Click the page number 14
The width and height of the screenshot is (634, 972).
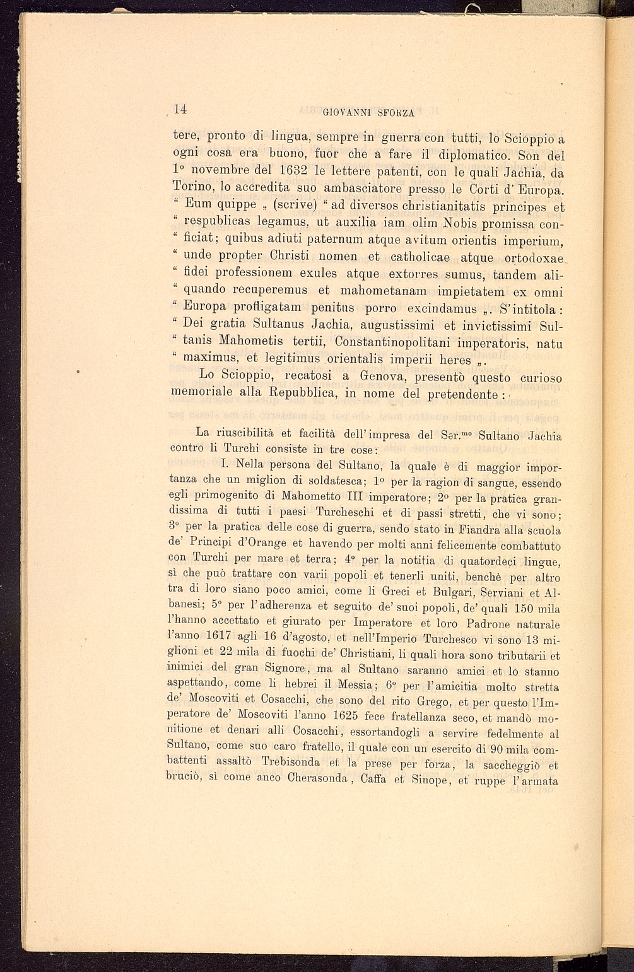(180, 109)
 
